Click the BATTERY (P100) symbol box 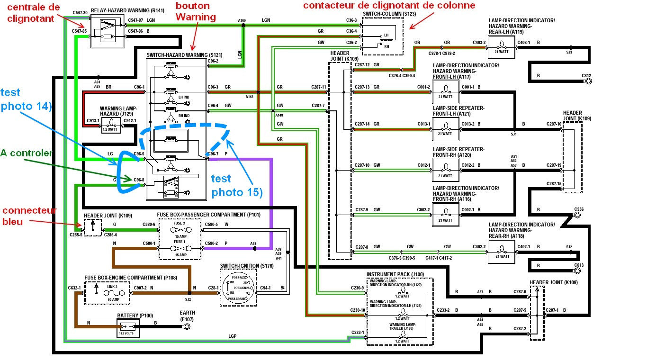tap(128, 327)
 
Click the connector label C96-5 tap(139, 153)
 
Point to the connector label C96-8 tap(139, 180)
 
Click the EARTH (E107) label tap(187, 316)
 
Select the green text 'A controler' tap(26, 153)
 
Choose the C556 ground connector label tap(578, 208)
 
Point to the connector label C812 tap(586, 75)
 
